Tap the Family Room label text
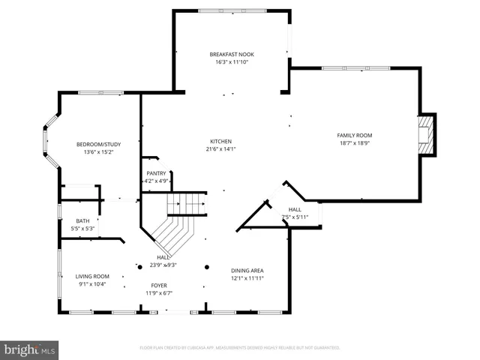tap(354, 135)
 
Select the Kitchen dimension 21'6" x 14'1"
tap(220, 149)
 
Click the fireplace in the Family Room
tap(426, 134)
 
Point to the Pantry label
tap(156, 173)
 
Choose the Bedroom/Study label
tap(98, 144)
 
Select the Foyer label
tap(159, 285)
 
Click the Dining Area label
tap(247, 270)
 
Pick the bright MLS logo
tap(30, 349)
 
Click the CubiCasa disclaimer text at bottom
tap(240, 348)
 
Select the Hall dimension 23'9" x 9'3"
tap(162, 264)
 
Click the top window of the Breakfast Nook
tap(231, 10)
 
